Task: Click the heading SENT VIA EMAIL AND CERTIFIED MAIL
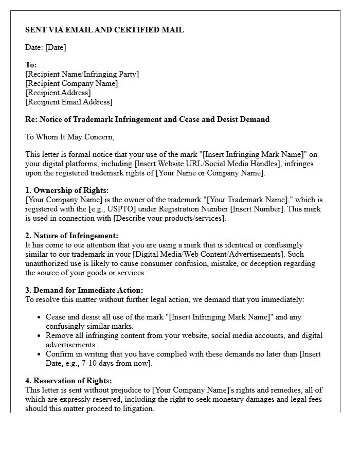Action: point(104,30)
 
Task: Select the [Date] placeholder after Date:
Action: point(56,47)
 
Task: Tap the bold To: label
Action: point(31,65)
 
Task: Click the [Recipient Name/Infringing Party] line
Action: point(82,74)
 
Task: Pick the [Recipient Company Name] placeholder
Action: point(71,83)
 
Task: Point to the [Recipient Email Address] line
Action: point(68,102)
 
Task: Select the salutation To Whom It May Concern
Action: point(69,137)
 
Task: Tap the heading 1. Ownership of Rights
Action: point(67,190)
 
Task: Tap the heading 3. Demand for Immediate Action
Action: point(84,290)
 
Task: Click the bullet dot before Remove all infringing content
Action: point(39,335)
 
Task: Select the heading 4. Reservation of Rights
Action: point(68,381)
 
